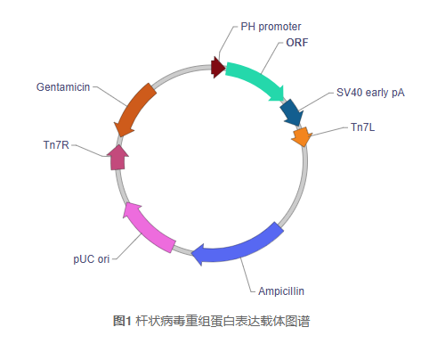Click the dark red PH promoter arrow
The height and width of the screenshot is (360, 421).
[x=217, y=67]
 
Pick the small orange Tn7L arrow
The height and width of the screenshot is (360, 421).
[x=301, y=136]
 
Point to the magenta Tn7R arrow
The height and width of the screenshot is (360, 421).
[x=117, y=157]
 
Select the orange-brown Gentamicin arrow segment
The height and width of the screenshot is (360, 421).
[x=136, y=108]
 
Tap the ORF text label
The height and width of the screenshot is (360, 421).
[x=297, y=42]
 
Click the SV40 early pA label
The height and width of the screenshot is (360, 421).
[x=369, y=92]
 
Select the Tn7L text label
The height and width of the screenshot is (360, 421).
[x=362, y=127]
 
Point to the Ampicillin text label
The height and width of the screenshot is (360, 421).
[x=282, y=290]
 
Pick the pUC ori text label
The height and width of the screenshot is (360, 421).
[x=92, y=259]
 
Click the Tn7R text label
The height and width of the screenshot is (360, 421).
[x=56, y=143]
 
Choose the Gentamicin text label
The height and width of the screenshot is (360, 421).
[x=62, y=87]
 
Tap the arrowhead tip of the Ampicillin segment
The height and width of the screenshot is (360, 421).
[x=194, y=253]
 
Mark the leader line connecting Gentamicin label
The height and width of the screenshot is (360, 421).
[x=106, y=93]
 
